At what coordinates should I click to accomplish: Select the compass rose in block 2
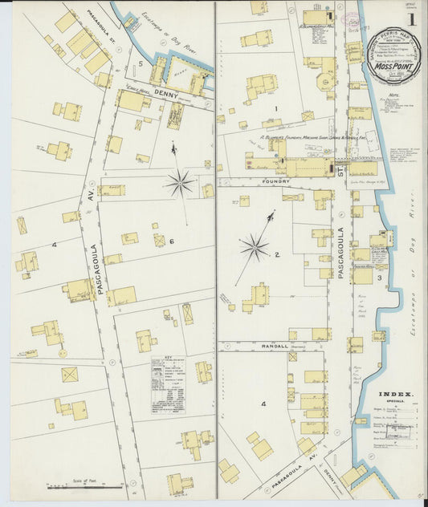[x=255, y=247]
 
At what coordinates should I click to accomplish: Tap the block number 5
[x=140, y=63]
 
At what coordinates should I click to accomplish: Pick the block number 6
[x=171, y=241]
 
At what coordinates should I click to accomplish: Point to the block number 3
[x=390, y=278]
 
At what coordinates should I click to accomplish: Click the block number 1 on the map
[x=275, y=108]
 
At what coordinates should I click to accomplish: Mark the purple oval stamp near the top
[x=354, y=21]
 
